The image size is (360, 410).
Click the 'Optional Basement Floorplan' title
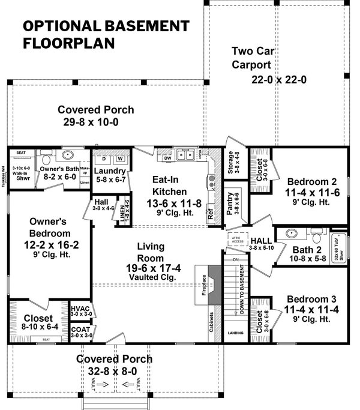point(106,34)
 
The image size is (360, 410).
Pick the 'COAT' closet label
point(80,330)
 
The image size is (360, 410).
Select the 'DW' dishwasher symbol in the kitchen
point(168,157)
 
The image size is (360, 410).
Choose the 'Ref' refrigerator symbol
point(211,213)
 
